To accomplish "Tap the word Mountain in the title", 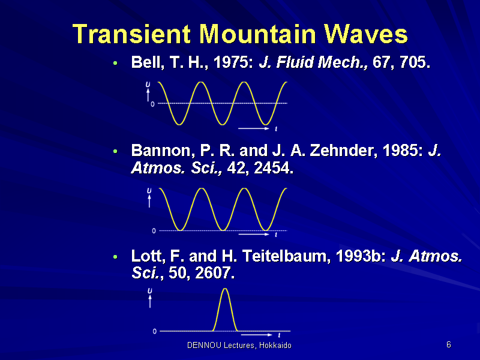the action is tap(257, 34).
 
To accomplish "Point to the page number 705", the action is tap(415, 62).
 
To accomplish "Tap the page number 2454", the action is tap(274, 168).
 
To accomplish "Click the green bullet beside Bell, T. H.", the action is tap(115, 64).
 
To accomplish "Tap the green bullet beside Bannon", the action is tap(115, 151).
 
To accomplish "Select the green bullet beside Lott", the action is tap(115, 257).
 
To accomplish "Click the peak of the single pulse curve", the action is tap(225, 289).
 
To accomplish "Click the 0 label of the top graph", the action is tap(152, 104).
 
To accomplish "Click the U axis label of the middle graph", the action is tap(149, 191).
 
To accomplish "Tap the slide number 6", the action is tap(449, 344).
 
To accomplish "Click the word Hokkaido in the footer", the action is tap(275, 346).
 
